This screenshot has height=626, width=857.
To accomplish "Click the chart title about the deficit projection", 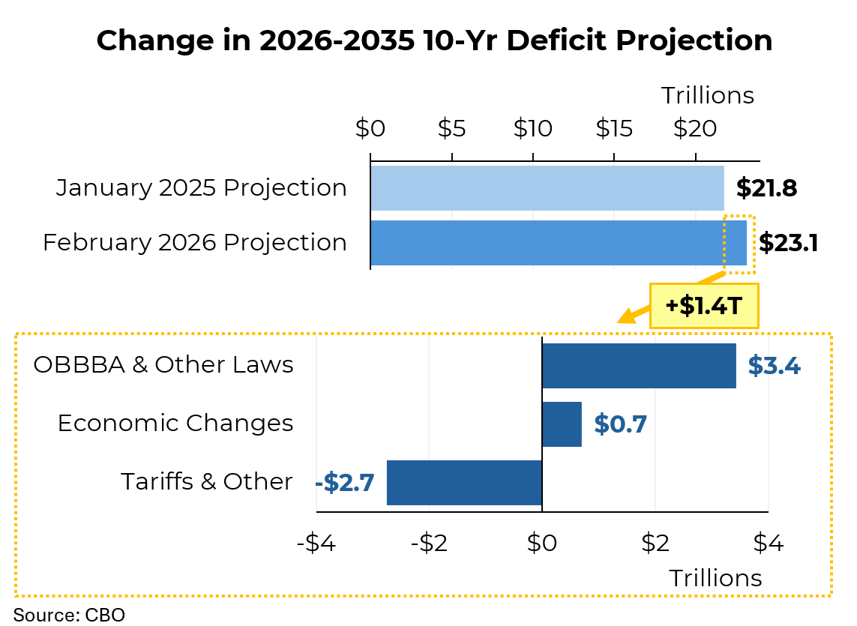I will pyautogui.click(x=434, y=40).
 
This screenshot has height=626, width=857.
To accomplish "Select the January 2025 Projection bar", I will pyautogui.click(x=547, y=188).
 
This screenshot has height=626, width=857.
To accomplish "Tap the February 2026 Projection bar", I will pyautogui.click(x=558, y=243).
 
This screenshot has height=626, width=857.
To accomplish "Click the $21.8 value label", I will pyautogui.click(x=766, y=188).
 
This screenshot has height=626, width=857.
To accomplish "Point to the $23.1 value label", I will pyautogui.click(x=788, y=243).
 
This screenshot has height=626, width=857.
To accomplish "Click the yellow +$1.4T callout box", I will pyautogui.click(x=704, y=306).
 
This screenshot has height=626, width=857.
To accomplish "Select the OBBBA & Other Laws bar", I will pyautogui.click(x=639, y=366).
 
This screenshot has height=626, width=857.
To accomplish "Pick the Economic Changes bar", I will pyautogui.click(x=562, y=424).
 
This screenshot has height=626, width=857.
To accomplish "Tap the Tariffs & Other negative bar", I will pyautogui.click(x=464, y=483).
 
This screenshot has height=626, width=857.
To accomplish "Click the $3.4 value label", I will pyautogui.click(x=774, y=367).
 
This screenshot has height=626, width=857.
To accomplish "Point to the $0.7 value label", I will pyautogui.click(x=620, y=424).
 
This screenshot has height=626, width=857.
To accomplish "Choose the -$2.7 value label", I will pyautogui.click(x=345, y=483).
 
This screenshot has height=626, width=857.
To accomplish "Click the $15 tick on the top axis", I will pyautogui.click(x=614, y=129).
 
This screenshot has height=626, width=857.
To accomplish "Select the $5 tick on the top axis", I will pyautogui.click(x=451, y=129).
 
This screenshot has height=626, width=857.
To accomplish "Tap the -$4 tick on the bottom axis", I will pyautogui.click(x=316, y=544).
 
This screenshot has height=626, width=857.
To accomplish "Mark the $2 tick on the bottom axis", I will pyautogui.click(x=655, y=544).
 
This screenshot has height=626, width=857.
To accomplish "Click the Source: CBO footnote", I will pyautogui.click(x=69, y=615).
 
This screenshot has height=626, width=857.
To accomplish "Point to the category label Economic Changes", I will pyautogui.click(x=175, y=424).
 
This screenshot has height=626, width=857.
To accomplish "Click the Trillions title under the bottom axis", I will pyautogui.click(x=715, y=578).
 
